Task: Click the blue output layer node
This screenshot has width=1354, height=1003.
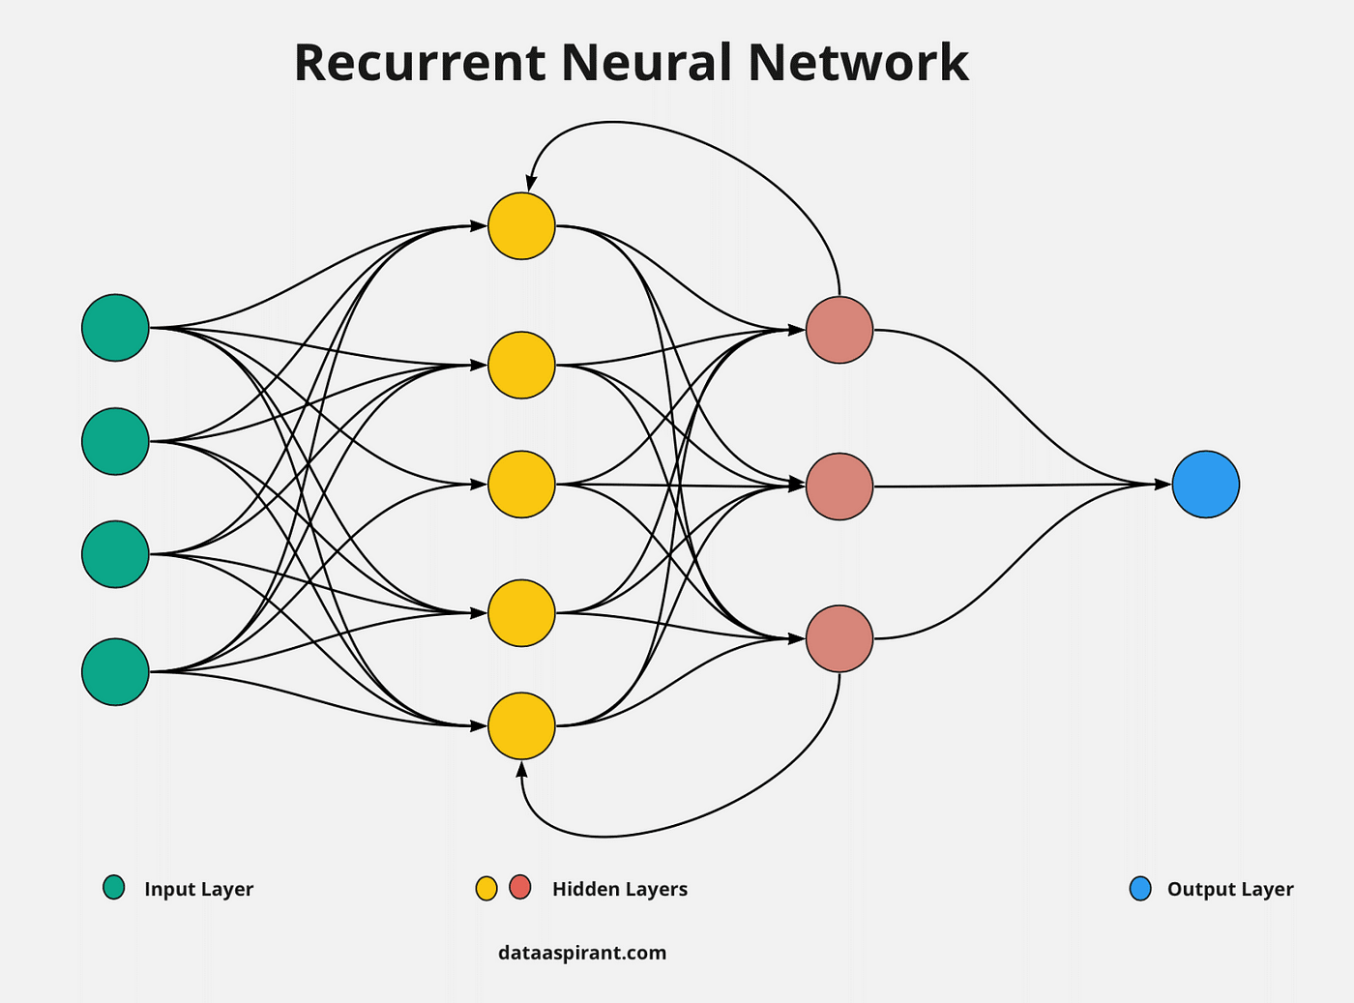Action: pyautogui.click(x=1205, y=485)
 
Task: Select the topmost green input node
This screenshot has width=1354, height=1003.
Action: pyautogui.click(x=115, y=328)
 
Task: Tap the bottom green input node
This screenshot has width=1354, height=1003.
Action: pyautogui.click(x=115, y=671)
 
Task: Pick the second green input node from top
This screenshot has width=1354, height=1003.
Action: pyautogui.click(x=115, y=441)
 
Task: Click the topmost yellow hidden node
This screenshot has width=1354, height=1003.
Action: pyautogui.click(x=521, y=226)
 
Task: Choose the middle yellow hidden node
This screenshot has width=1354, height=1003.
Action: pyautogui.click(x=521, y=484)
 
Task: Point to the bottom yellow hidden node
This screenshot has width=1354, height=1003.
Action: pyautogui.click(x=521, y=725)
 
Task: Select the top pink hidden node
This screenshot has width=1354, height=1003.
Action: pyautogui.click(x=839, y=330)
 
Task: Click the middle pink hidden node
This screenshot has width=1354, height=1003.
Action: pyautogui.click(x=839, y=487)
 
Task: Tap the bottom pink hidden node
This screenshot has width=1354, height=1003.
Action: pyautogui.click(x=839, y=638)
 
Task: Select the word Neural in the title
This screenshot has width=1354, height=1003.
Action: pyautogui.click(x=645, y=63)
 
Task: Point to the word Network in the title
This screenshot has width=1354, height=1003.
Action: pyautogui.click(x=858, y=63)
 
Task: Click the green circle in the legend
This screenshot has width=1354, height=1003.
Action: pyautogui.click(x=114, y=888)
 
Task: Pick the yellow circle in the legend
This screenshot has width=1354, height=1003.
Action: pyautogui.click(x=486, y=888)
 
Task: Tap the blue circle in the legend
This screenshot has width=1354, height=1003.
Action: pyautogui.click(x=1140, y=889)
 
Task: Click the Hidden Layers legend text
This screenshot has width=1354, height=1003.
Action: pyautogui.click(x=619, y=889)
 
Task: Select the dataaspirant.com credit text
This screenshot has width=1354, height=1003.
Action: pyautogui.click(x=582, y=953)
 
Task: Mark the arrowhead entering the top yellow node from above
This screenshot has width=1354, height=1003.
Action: pyautogui.click(x=530, y=184)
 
